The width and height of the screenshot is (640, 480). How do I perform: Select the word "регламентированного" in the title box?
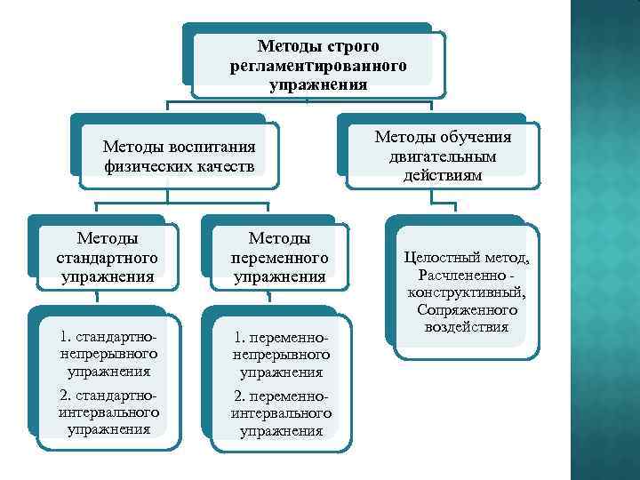[318, 66]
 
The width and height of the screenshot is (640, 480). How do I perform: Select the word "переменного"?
[280, 258]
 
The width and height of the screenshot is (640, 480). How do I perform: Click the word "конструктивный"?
[466, 292]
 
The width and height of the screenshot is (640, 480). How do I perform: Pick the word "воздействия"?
[466, 327]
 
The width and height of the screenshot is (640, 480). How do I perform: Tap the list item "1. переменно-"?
[281, 339]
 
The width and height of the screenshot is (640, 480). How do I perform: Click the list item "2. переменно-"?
[281, 396]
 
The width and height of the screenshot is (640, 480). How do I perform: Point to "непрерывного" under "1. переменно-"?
[281, 356]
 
